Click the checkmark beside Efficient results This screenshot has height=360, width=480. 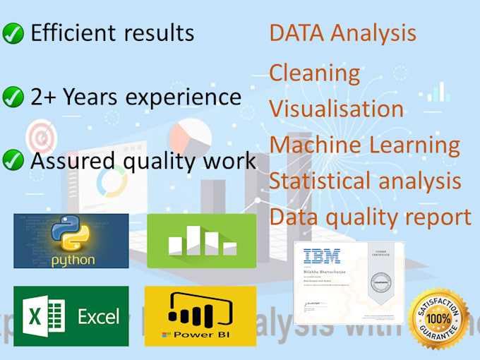[x=13, y=33]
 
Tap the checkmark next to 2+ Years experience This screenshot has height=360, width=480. [x=13, y=97]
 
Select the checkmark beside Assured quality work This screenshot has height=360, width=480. [x=13, y=161]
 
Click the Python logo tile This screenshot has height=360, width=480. [x=71, y=241]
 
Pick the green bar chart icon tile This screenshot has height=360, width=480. [x=201, y=241]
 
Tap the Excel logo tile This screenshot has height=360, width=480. [x=71, y=316]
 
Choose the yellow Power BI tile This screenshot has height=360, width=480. [x=200, y=316]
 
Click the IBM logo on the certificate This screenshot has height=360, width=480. [x=321, y=256]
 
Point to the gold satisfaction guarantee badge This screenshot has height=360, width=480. [x=438, y=317]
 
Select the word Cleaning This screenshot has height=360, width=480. [x=315, y=73]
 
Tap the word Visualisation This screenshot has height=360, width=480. [x=336, y=109]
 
